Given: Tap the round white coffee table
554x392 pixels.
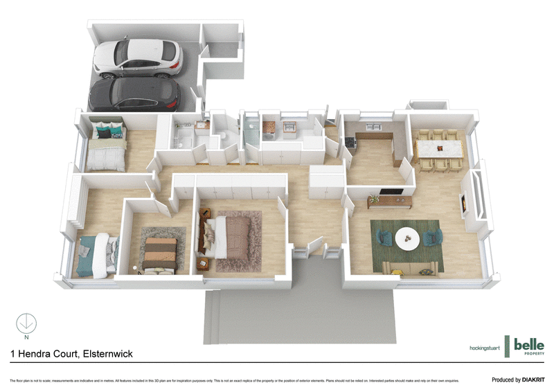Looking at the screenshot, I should (406, 238).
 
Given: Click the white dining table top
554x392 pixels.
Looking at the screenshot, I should (438, 148).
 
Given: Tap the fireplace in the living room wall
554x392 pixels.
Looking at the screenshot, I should (464, 203).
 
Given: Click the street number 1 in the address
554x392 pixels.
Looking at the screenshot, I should (13, 353).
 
